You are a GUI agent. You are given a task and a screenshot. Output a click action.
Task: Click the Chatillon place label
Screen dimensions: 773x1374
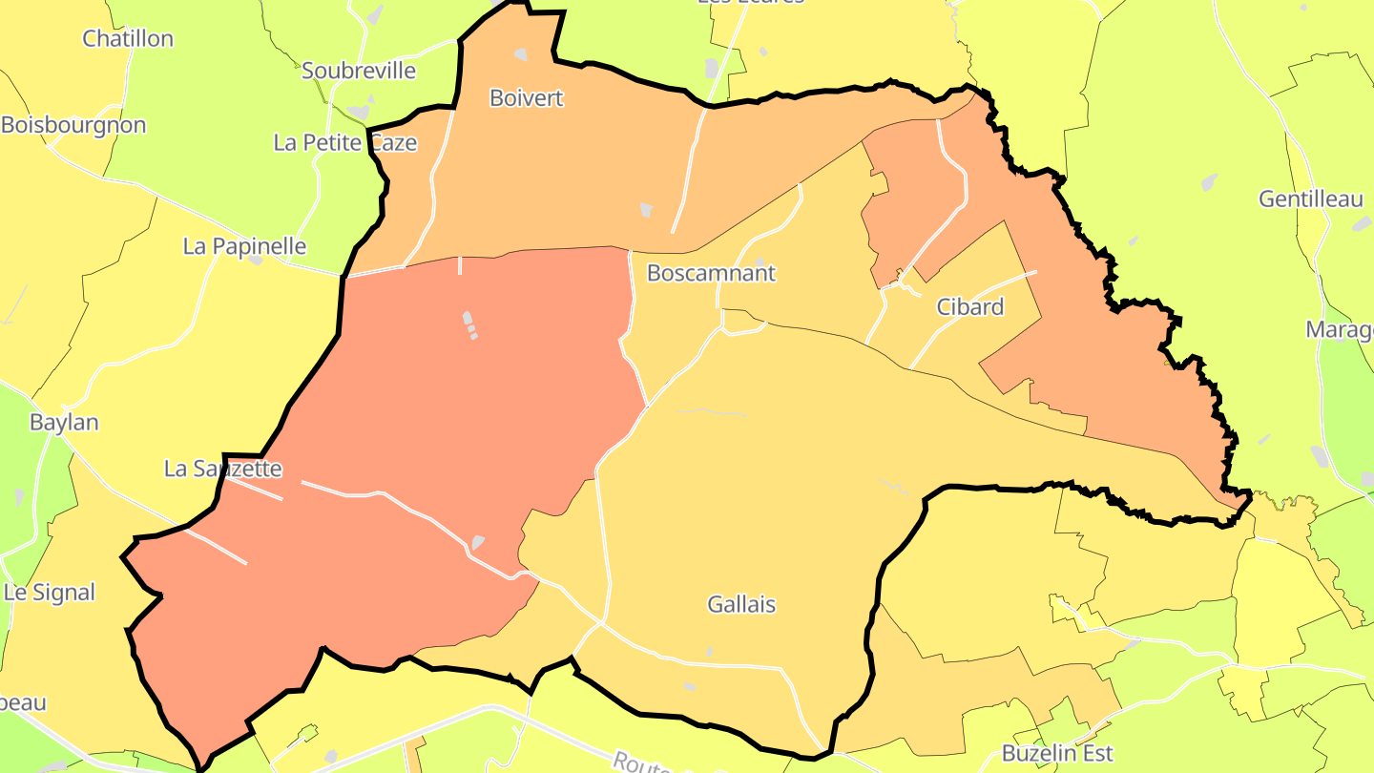point(128,39)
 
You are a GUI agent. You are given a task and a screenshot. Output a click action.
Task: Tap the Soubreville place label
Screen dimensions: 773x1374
point(359,71)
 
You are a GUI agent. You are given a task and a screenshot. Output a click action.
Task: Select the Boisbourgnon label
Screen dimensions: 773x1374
point(73,125)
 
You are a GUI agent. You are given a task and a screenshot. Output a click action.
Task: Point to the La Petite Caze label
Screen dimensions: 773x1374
point(345,143)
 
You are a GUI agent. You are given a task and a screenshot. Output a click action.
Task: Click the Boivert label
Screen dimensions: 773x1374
point(527,98)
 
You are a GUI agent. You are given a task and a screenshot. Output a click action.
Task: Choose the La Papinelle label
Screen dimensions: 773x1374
point(244,246)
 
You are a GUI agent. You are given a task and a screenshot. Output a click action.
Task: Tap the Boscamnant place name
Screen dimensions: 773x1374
point(711,273)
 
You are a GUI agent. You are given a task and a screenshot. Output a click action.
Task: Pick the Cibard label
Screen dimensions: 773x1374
point(969,307)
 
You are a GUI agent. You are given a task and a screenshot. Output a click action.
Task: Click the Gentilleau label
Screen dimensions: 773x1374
point(1311,199)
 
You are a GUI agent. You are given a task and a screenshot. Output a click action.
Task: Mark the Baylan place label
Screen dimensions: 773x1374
point(64,422)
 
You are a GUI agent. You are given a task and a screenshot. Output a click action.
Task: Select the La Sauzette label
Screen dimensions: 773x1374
point(223,469)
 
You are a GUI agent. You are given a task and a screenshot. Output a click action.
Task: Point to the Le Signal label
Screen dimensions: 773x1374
point(50,593)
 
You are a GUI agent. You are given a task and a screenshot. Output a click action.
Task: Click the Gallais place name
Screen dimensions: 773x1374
point(741,604)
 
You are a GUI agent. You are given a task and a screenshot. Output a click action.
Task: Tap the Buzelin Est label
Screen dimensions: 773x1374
point(1057,754)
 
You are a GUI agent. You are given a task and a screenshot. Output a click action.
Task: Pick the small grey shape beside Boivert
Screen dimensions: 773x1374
point(646,208)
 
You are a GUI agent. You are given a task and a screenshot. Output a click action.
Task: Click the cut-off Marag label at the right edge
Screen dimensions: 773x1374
point(1340,330)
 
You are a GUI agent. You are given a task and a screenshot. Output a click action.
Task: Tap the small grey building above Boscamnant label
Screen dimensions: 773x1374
point(760,261)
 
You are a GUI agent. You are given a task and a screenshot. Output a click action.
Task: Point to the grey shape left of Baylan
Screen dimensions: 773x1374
point(19,496)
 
